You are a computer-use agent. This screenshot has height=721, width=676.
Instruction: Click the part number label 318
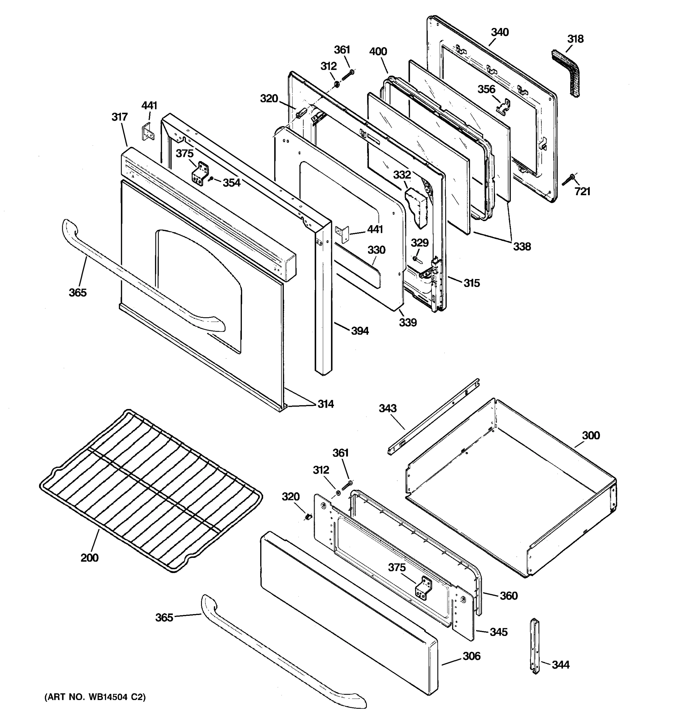[x=575, y=39]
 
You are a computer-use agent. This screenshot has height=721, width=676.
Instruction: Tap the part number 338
[x=522, y=247]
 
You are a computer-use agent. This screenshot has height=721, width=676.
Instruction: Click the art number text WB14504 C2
[x=95, y=697]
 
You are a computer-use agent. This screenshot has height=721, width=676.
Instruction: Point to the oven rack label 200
[x=89, y=558]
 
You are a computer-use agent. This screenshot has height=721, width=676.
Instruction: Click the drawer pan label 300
[x=591, y=435]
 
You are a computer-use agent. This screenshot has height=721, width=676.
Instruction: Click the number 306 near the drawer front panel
[x=471, y=656]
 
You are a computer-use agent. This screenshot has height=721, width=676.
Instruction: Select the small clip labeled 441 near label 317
[x=148, y=132]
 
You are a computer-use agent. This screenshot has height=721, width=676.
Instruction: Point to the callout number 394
[x=360, y=331]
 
